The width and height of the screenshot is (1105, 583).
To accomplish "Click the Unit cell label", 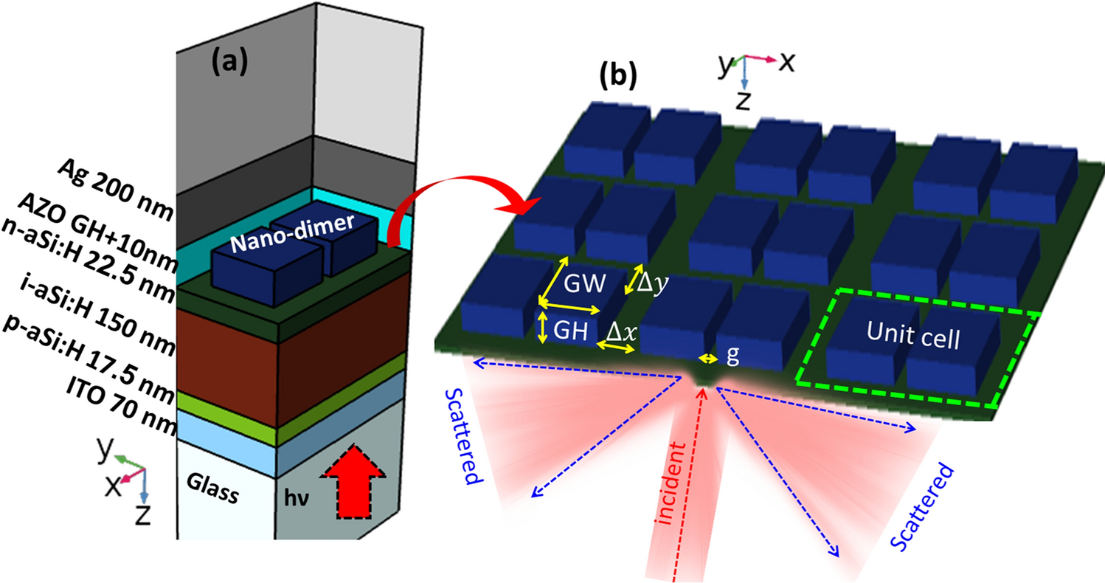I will [914, 339].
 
